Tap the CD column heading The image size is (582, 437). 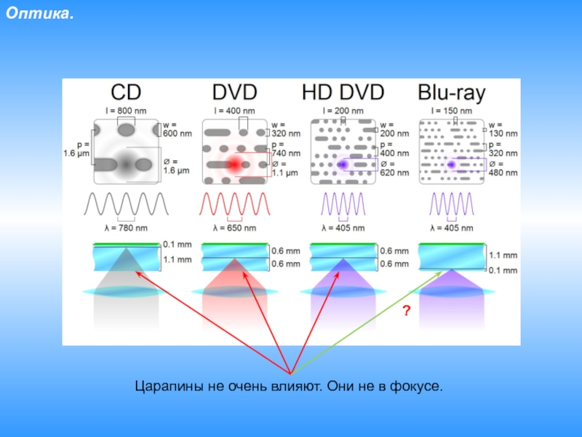(125, 92)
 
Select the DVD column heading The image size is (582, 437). (234, 92)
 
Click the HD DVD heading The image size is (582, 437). (343, 92)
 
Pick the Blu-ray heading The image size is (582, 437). (452, 92)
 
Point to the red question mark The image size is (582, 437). (407, 311)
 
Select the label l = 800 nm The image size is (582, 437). (125, 110)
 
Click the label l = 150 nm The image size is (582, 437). (452, 110)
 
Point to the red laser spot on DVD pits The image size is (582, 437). (234, 165)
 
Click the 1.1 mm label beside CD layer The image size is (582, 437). (178, 259)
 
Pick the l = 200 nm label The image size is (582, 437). (343, 110)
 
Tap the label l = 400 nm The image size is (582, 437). (234, 110)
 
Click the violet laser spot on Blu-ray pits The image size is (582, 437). (451, 165)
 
